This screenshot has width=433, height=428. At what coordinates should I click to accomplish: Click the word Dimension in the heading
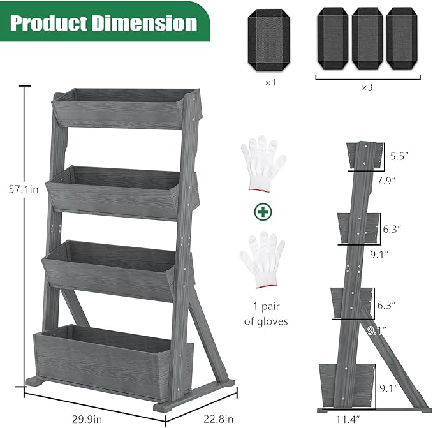coord(143,23)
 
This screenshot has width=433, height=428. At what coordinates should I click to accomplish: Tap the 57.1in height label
coord(20,189)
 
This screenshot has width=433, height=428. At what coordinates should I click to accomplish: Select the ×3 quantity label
coord(367,87)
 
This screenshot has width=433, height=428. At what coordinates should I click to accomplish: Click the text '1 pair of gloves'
coord(266,314)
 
